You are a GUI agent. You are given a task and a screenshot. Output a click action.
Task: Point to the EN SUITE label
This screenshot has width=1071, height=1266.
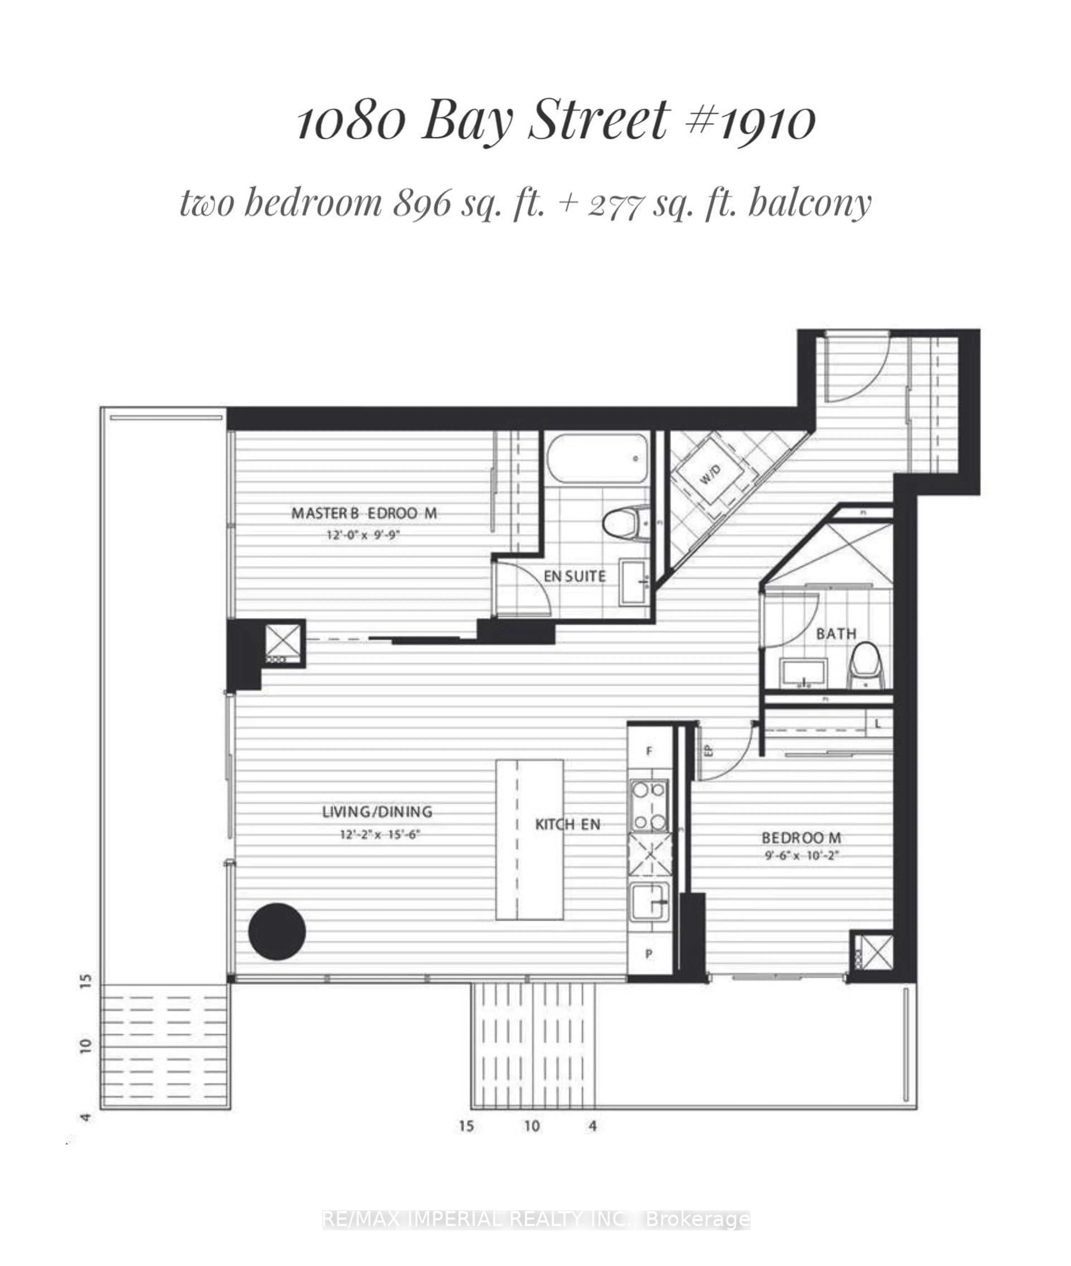(x=574, y=576)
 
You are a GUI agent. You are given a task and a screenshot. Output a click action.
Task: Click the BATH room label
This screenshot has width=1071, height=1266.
(x=836, y=634)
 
